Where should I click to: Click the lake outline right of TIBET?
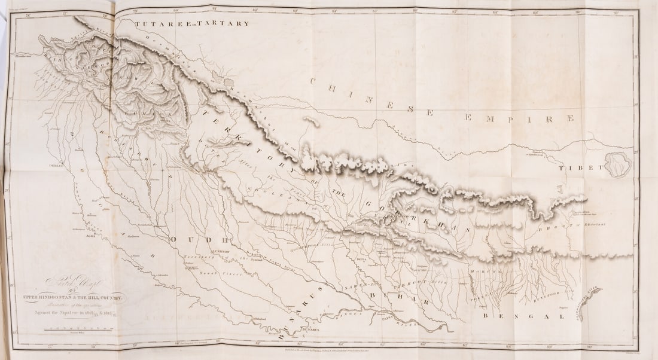pos(618,163)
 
